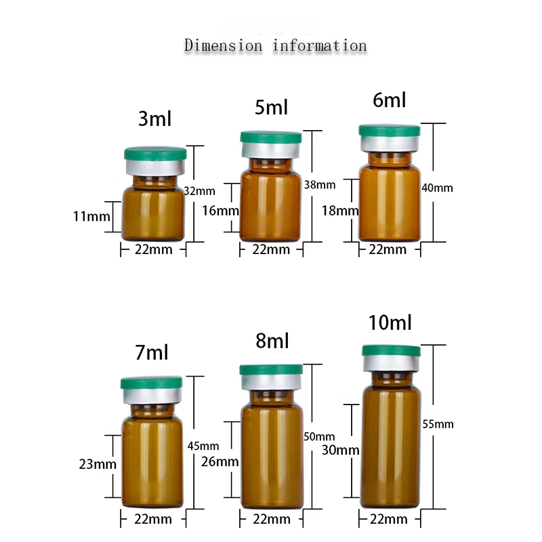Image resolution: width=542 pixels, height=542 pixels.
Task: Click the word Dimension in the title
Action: coord(223,46)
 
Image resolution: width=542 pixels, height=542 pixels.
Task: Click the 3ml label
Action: coord(154,119)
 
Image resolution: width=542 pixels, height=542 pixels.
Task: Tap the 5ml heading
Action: coord(270,106)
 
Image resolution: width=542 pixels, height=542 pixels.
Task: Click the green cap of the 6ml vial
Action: coord(389,131)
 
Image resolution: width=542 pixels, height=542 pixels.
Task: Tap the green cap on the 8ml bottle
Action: coord(270,371)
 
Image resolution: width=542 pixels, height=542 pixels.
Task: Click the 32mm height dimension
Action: coord(199,191)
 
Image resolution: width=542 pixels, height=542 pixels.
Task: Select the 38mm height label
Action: coord(320,184)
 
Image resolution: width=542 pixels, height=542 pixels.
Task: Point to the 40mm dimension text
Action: coord(437,188)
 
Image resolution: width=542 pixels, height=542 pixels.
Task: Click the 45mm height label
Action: coord(203,446)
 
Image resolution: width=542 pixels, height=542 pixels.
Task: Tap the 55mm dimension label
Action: coord(437,424)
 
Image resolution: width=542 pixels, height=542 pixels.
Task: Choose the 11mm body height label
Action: coord(91,217)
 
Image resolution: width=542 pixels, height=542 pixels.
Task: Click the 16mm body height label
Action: coord(220,210)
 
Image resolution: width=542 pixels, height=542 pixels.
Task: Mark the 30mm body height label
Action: coord(340,450)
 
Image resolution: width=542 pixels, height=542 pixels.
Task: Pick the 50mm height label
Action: coord(320,436)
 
